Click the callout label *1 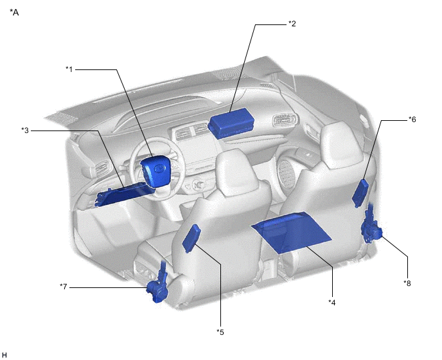pos(69,69)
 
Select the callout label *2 pos(292,24)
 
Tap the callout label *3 pos(25,130)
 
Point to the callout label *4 pos(332,302)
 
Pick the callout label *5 pos(220,332)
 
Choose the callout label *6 pos(412,120)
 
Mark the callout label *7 pos(64,287)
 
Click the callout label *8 pos(407,283)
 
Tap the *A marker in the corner pos(14,12)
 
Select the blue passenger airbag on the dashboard pos(231,123)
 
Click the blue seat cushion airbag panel pos(292,232)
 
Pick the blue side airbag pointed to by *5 pos(191,238)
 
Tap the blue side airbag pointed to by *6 pos(360,194)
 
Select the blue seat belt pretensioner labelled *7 pos(158,285)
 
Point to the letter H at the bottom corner pos(4,355)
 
